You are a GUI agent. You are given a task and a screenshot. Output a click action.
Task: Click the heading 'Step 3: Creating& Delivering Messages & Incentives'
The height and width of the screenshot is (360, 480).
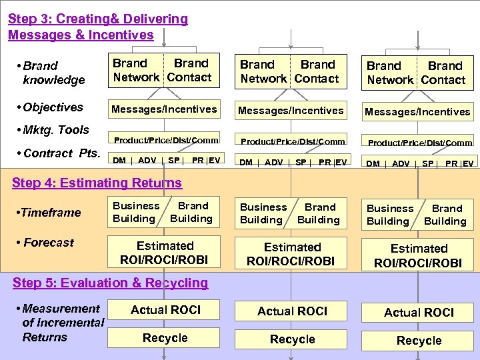tap(97, 27)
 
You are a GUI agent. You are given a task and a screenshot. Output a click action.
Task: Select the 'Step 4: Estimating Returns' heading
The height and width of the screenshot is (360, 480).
tap(97, 183)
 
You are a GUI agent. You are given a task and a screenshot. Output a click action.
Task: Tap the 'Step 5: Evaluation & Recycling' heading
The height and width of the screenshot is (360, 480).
tap(110, 283)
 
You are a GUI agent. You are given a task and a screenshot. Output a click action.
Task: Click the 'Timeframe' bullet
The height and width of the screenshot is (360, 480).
tap(51, 213)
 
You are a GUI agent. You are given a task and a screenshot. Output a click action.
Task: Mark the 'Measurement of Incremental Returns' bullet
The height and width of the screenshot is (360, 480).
tap(62, 323)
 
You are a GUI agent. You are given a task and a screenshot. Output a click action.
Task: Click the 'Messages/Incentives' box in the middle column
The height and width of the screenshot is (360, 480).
tap(291, 111)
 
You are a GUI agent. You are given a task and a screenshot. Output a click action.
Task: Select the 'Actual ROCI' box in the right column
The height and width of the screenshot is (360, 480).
tap(419, 312)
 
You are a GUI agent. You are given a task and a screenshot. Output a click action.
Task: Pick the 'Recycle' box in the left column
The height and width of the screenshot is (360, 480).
tap(165, 338)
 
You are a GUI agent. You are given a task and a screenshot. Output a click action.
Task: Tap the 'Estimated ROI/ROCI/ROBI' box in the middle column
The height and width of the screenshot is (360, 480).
tap(292, 254)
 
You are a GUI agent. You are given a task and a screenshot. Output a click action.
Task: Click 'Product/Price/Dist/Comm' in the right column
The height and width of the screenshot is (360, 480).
tap(419, 143)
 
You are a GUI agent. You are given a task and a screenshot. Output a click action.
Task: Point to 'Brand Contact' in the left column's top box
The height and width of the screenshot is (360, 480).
tap(190, 71)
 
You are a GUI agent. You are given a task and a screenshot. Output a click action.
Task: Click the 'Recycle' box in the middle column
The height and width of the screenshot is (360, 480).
tap(292, 339)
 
